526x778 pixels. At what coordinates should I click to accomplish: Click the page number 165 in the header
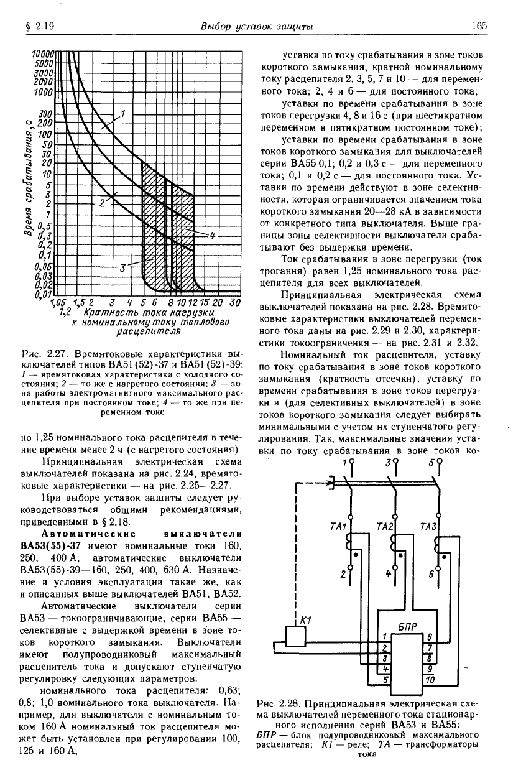479,26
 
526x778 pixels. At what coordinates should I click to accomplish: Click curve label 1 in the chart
123,113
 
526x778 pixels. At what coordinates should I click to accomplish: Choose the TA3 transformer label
428,527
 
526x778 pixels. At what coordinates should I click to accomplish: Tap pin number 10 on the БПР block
429,680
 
